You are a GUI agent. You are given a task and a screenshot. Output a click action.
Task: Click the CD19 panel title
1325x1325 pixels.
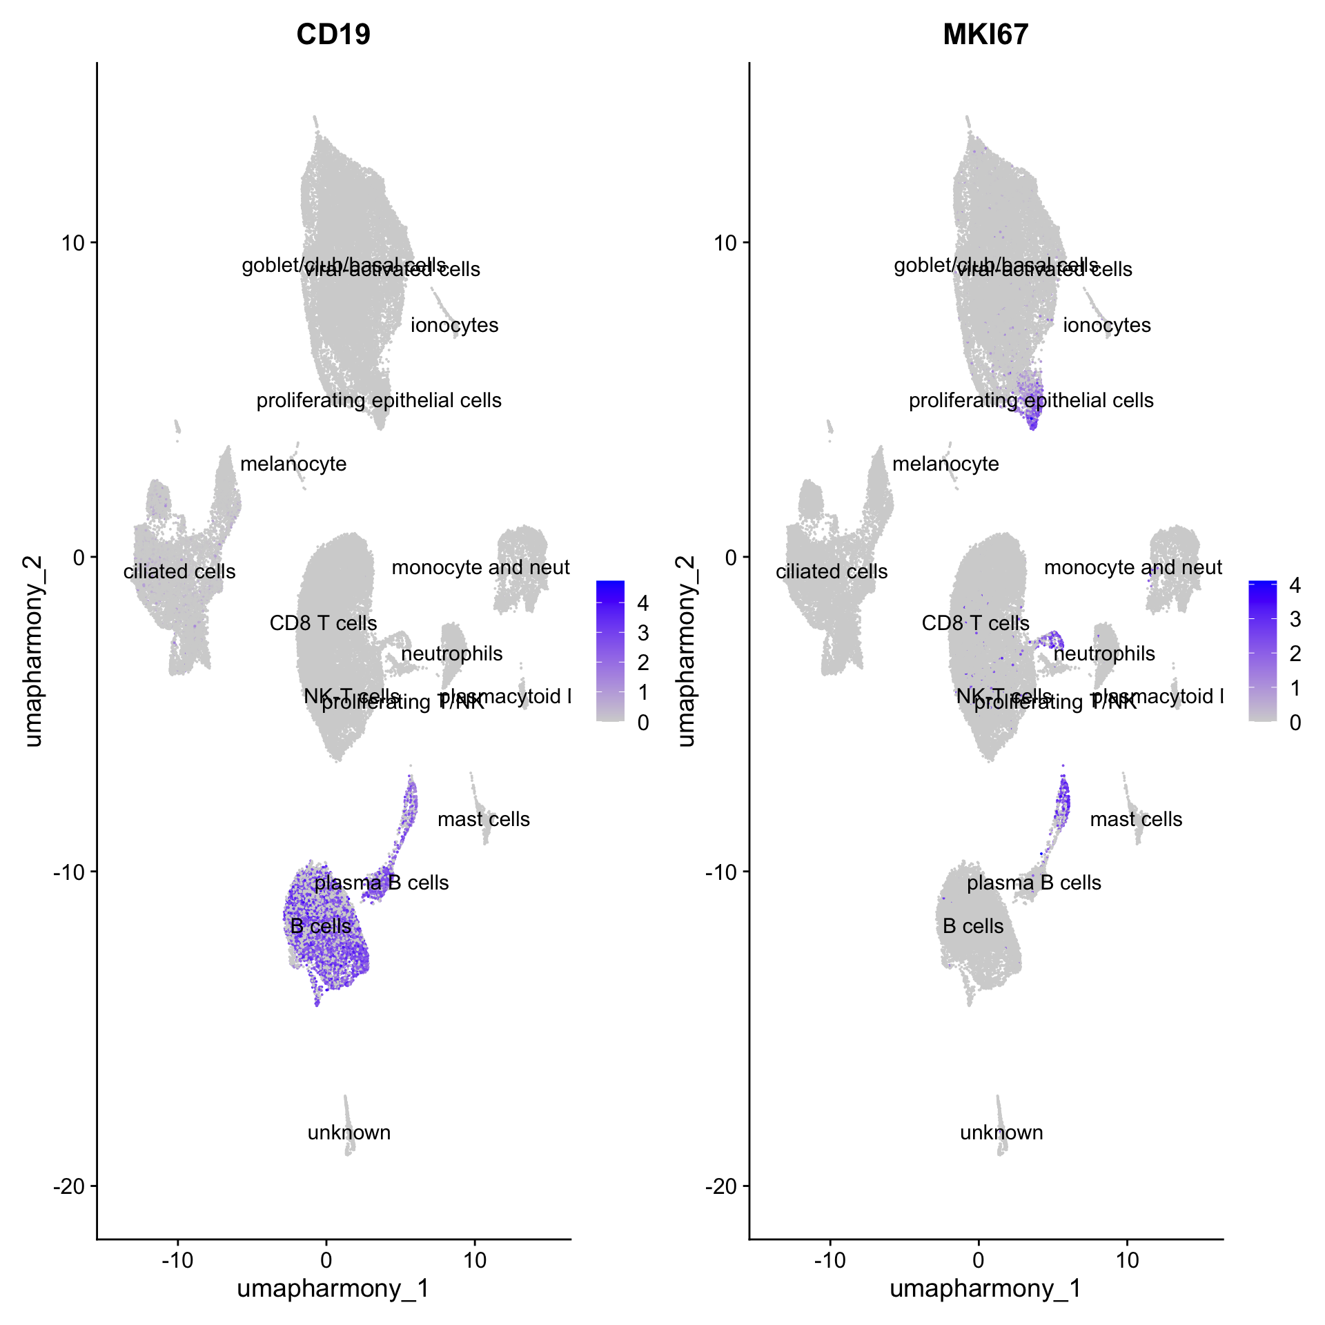point(333,35)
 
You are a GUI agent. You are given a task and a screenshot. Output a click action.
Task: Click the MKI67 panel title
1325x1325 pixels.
point(985,35)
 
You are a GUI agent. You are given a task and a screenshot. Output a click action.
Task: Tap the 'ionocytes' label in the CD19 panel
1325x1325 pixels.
point(454,325)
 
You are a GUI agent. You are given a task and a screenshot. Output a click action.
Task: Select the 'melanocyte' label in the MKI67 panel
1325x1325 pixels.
point(945,464)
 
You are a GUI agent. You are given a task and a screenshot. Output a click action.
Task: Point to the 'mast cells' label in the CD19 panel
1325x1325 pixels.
point(484,819)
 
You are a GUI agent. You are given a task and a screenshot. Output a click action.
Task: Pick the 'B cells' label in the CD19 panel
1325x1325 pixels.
point(321,926)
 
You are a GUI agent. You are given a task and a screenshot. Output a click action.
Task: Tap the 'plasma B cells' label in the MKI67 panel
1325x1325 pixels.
point(1034,883)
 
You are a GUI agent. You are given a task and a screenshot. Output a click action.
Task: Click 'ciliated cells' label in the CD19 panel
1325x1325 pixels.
point(179,571)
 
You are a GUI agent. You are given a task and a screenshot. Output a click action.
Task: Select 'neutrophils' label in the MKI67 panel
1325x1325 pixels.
point(1104,654)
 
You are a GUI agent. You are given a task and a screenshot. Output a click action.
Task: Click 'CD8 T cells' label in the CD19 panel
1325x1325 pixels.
point(323,623)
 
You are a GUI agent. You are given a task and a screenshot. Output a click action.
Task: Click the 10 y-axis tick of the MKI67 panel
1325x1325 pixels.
point(725,243)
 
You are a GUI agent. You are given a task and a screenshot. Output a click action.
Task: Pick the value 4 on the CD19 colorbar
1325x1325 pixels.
point(642,603)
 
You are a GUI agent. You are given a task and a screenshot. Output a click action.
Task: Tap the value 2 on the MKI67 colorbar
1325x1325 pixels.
point(1295,653)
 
